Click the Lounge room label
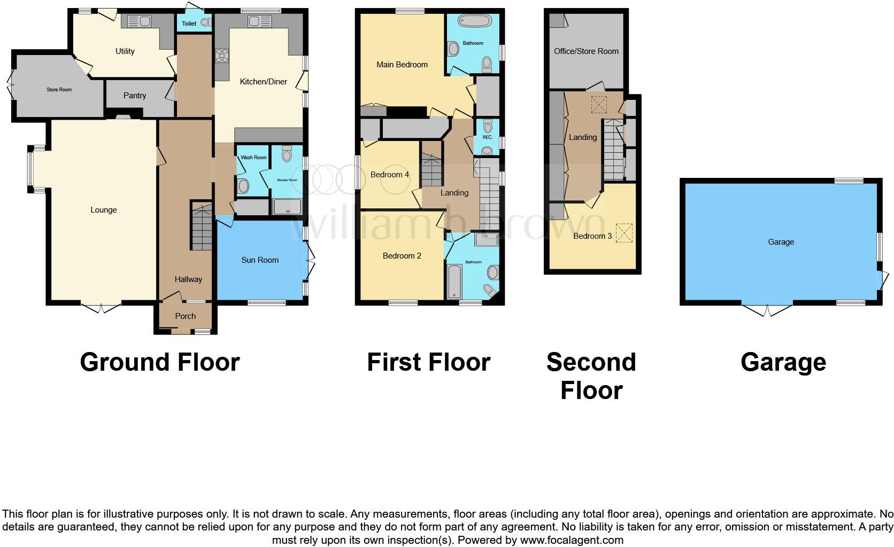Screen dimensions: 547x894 point(103,210)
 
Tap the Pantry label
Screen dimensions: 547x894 point(134,96)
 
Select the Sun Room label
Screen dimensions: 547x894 point(260,260)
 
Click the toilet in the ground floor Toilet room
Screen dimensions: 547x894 point(205,22)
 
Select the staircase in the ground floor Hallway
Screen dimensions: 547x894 point(202,228)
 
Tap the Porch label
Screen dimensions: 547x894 point(186,316)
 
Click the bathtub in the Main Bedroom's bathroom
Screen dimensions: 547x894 point(474,22)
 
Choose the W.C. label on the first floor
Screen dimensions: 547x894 point(487,137)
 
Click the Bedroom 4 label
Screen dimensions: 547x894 point(389,175)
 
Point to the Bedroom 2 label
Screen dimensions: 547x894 point(402,256)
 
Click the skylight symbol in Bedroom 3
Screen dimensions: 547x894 point(623,232)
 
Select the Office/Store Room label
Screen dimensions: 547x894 point(586,51)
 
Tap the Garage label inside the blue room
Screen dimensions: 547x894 point(781,242)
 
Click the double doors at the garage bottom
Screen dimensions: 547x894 point(766,310)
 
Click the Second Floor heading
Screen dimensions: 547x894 point(591,376)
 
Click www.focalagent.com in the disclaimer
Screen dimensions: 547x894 point(572,540)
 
